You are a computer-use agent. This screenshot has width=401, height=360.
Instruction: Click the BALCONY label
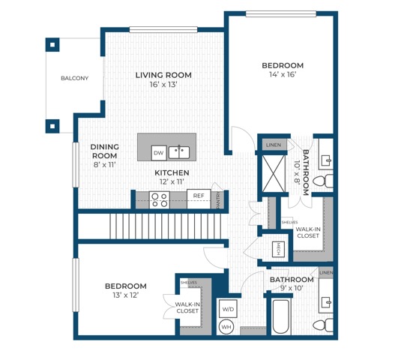[74, 79]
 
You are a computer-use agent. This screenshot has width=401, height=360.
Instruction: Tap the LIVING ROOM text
[163, 75]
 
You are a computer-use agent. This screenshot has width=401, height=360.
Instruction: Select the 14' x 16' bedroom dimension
[283, 74]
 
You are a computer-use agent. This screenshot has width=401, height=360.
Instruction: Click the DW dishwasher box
[158, 153]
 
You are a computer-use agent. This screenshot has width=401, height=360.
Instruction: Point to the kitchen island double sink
[178, 153]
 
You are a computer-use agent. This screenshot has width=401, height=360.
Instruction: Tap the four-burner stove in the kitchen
[159, 199]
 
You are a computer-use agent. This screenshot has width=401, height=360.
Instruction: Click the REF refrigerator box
[198, 196]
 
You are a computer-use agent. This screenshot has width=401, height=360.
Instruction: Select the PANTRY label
[218, 200]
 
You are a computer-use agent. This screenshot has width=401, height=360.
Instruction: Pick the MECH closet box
[277, 247]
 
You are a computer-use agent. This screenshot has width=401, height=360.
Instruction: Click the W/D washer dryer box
[227, 308]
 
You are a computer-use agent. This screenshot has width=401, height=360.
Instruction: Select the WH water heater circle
[227, 326]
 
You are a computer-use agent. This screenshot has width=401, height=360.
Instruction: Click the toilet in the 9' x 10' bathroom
[323, 325]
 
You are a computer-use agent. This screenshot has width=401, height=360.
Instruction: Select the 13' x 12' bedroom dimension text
[125, 295]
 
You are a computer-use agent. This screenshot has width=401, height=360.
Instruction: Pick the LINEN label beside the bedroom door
[273, 144]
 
